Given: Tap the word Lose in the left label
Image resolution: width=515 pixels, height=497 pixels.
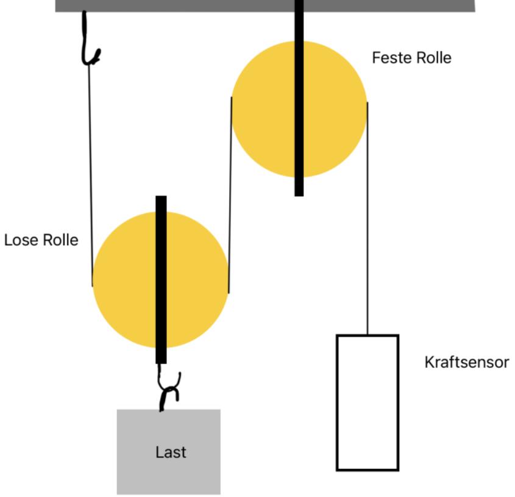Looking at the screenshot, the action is pos(21,240).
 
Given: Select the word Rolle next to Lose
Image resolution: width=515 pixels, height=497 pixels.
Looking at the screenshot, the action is pos(61,240).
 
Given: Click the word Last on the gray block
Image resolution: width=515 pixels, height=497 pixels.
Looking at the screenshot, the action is pos(171,453).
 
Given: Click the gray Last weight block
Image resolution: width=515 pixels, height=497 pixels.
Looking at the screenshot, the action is pos(169,452).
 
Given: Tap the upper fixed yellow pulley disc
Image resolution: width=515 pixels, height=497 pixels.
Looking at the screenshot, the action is pos(263,109).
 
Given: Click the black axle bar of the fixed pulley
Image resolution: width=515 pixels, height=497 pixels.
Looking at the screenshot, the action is pos(299,98).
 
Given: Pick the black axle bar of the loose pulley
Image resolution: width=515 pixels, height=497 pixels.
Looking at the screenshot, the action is pos(161,280).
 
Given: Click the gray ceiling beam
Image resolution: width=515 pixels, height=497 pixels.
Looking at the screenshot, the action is pos(265,6).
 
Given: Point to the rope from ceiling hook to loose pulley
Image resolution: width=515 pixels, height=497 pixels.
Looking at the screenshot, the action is pos(91,175).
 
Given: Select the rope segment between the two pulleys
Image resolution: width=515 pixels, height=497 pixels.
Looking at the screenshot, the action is pos(230,195).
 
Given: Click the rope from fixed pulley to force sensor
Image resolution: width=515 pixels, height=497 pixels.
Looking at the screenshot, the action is pos(368,218).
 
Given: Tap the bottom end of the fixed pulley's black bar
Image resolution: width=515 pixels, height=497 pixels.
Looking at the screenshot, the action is pos(299,196).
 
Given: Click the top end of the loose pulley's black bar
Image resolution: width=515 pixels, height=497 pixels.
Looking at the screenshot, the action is pos(161,196).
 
